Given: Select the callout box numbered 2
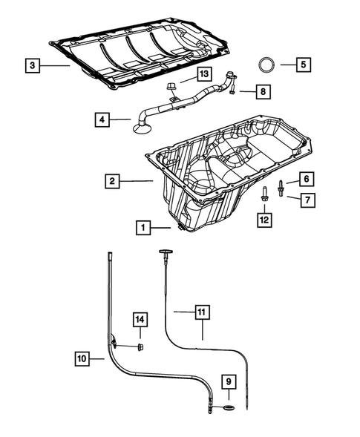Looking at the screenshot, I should [110, 180].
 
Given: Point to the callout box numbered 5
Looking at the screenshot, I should [303, 65].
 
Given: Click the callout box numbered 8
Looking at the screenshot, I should [263, 91].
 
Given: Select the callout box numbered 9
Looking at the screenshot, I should [229, 383].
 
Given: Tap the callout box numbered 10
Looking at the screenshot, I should [85, 359].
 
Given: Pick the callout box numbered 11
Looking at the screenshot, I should [201, 312].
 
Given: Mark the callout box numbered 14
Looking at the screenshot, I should [140, 320].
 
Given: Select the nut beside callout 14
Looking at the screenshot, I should [140, 346].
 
